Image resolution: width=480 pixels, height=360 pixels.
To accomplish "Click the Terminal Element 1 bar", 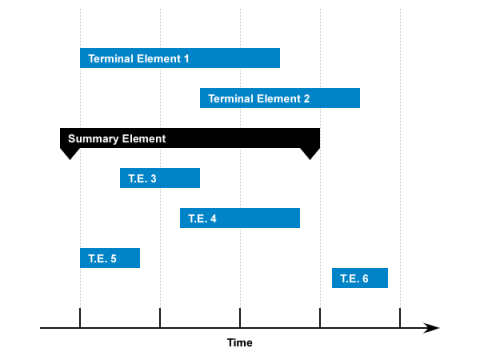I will tap(180, 58).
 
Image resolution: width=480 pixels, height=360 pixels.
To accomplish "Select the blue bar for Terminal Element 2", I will tap(280, 98).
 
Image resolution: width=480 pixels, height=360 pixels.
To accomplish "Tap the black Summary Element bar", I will tap(190, 138).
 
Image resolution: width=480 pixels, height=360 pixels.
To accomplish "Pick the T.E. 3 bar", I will tap(160, 178).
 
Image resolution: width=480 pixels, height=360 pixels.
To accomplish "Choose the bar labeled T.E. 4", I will tap(240, 218).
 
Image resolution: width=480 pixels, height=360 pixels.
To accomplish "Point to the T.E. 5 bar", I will tap(110, 258).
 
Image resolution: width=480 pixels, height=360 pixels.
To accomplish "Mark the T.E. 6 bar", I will tap(360, 278).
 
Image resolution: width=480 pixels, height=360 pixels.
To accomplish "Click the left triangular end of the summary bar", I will tap(69, 152).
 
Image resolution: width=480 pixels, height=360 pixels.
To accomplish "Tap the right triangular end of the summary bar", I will tap(310, 152).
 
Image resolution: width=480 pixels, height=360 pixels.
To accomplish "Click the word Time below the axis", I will tap(240, 343).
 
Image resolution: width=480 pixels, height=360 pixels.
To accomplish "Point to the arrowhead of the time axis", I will tap(432, 327).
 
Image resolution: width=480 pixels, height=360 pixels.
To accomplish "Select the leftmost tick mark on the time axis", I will tap(80, 318).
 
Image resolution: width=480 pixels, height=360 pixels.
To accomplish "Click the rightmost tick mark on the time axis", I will tap(400, 318).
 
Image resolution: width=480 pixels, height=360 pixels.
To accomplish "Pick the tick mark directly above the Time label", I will tap(240, 318).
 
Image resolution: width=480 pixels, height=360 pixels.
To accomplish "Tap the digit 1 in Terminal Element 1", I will tap(186, 59).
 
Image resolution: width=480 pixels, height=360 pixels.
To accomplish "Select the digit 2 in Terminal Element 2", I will tap(306, 99).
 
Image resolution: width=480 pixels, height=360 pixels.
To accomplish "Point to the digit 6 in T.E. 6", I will tap(365, 279).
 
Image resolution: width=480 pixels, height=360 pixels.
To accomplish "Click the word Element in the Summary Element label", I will tap(143, 138).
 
